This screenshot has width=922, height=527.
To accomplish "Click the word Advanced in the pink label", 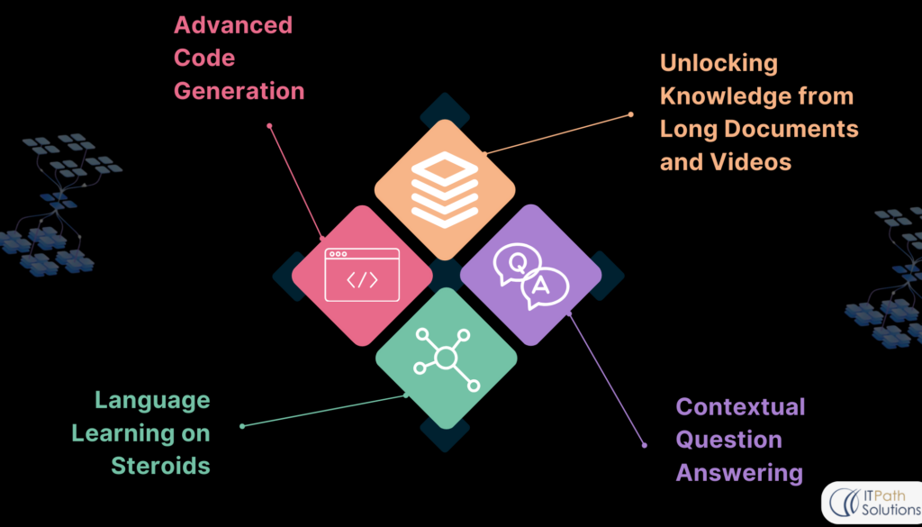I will click(x=233, y=25).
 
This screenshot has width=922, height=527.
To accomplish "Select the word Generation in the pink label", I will click(x=239, y=91).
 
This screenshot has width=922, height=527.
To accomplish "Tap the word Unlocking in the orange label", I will click(x=718, y=63).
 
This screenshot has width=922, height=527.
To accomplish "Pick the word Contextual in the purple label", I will click(x=740, y=406).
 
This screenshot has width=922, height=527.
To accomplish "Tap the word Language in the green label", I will click(x=153, y=400).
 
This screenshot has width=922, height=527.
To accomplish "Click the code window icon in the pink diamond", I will click(x=362, y=275).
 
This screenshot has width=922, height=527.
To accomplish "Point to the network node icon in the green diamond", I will click(x=444, y=359).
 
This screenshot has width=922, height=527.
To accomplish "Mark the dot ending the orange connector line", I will click(x=631, y=114).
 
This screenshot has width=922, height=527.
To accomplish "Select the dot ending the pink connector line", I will click(x=269, y=126).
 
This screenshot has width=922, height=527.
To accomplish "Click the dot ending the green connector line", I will click(x=242, y=425).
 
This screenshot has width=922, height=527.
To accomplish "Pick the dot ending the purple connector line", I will click(x=644, y=444).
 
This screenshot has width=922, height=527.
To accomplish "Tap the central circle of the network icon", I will click(x=444, y=359).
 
